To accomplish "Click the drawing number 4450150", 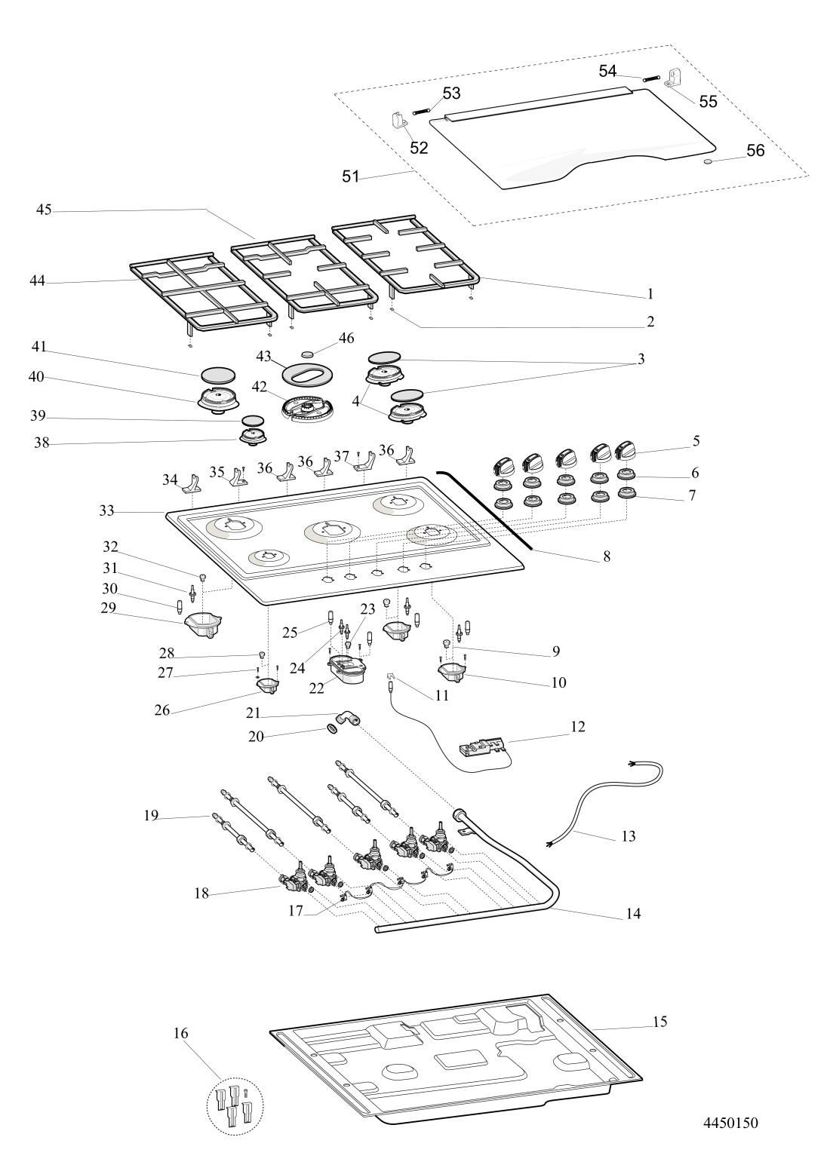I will (x=730, y=1123).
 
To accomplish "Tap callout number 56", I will (x=755, y=151).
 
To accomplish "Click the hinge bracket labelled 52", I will (x=398, y=121).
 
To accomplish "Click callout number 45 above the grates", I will (x=44, y=210).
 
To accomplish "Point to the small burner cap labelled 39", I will (x=253, y=420).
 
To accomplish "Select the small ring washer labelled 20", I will (x=330, y=729).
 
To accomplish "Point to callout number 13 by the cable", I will (x=629, y=835).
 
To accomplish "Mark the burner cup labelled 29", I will (x=203, y=622).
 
